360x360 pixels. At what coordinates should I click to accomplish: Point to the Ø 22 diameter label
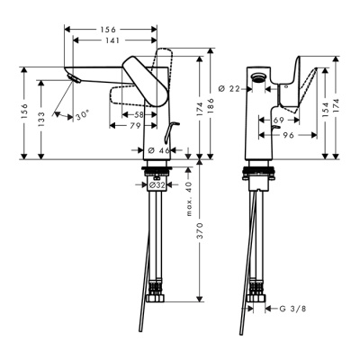pos(230,88)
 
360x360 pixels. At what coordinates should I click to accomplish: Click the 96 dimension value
pos(288,134)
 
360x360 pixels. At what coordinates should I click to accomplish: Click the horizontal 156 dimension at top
pos(112,28)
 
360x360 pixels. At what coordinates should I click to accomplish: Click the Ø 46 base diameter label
pos(158,148)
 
